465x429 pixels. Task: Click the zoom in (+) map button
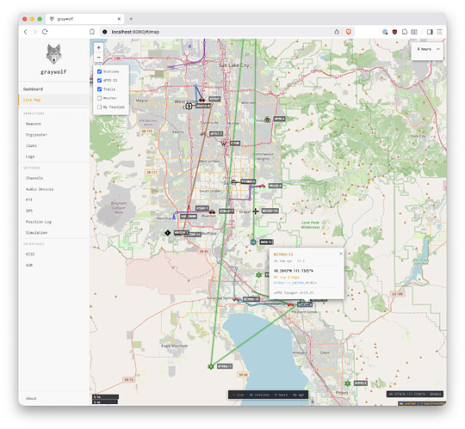(x=99, y=47)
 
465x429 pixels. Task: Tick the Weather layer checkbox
(x=100, y=97)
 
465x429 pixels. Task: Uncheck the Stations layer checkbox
(x=100, y=71)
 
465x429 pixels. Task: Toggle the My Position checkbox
(x=100, y=107)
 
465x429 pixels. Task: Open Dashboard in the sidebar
(x=33, y=89)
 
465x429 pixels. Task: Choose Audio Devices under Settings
(x=40, y=188)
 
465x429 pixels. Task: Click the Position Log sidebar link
(x=39, y=221)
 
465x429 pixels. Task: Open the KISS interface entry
(x=31, y=254)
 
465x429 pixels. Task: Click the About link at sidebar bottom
(x=31, y=398)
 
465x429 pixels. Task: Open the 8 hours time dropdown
(x=427, y=50)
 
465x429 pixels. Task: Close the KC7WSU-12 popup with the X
(x=340, y=254)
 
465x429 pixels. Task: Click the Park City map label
(x=418, y=135)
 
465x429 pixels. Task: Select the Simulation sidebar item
(x=37, y=232)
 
